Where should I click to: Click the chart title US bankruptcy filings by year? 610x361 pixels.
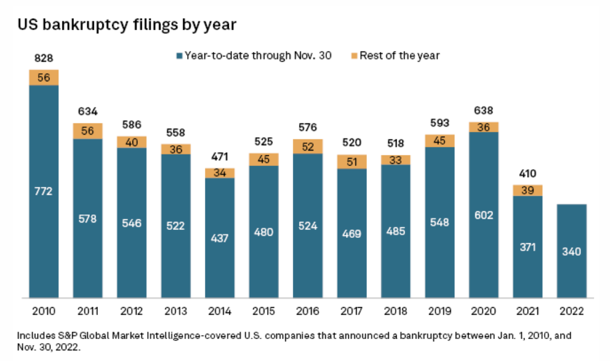click(x=127, y=25)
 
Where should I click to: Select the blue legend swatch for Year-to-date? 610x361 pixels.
click(x=178, y=56)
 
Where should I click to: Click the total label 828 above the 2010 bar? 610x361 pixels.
click(x=43, y=59)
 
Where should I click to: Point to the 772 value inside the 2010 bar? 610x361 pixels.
click(x=43, y=191)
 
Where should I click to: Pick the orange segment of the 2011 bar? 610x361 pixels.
click(x=87, y=131)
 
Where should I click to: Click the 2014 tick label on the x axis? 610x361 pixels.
click(x=219, y=311)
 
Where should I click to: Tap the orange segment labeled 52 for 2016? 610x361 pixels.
click(x=307, y=147)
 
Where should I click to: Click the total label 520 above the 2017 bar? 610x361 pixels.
click(x=351, y=142)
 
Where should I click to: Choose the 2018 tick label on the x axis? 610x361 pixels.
click(x=395, y=311)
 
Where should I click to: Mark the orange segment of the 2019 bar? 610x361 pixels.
click(x=439, y=141)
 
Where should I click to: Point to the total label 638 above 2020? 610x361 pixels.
click(x=483, y=110)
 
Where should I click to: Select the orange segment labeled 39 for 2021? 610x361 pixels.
click(x=527, y=190)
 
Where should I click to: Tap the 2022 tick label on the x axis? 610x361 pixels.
click(x=571, y=311)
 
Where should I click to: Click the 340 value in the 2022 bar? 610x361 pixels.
click(x=571, y=252)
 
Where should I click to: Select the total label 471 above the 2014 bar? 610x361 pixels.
click(x=219, y=157)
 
